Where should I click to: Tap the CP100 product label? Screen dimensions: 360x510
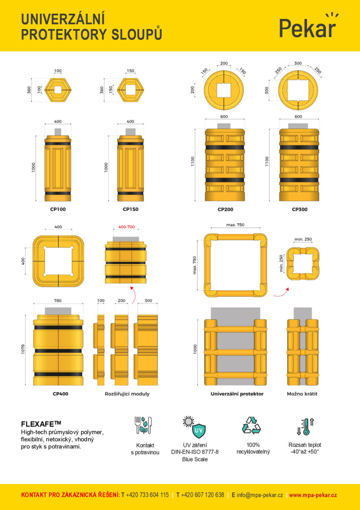pyautogui.click(x=58, y=209)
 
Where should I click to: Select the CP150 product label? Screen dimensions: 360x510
pyautogui.click(x=131, y=209)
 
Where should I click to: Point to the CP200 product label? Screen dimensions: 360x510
pyautogui.click(x=225, y=210)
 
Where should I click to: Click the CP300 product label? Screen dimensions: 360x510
pyautogui.click(x=299, y=210)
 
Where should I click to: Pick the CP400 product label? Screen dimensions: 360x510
pyautogui.click(x=61, y=394)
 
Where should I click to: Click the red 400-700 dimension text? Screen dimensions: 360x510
pyautogui.click(x=126, y=227)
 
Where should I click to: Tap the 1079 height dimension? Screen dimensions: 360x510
pyautogui.click(x=23, y=349)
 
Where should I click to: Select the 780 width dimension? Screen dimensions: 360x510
pyautogui.click(x=58, y=300)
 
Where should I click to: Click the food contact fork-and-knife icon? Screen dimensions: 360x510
pyautogui.click(x=143, y=425)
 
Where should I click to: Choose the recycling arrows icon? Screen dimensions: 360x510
pyautogui.click(x=251, y=425)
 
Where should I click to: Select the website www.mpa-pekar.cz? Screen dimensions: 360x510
pyautogui.click(x=313, y=495)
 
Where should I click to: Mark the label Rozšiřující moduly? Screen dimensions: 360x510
pyautogui.click(x=127, y=394)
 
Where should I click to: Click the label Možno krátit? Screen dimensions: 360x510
pyautogui.click(x=302, y=394)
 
